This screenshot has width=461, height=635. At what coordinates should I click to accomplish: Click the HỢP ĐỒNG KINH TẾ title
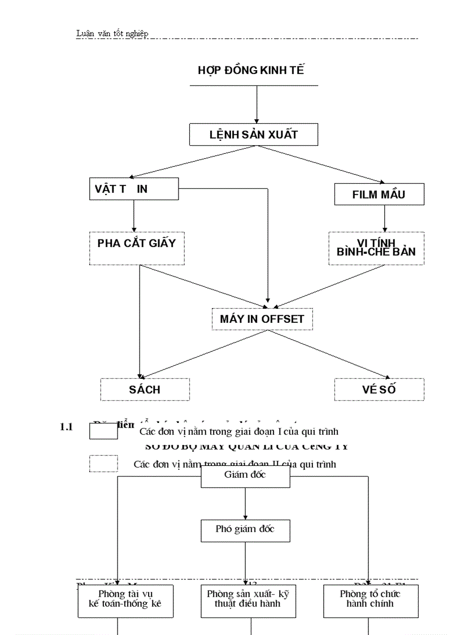(251, 70)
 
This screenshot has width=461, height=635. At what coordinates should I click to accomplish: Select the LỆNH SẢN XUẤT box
(254, 135)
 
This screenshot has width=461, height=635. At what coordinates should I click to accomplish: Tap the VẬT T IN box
(134, 189)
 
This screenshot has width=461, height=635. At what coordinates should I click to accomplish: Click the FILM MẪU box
(379, 195)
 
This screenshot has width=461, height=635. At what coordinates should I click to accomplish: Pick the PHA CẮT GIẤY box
(137, 248)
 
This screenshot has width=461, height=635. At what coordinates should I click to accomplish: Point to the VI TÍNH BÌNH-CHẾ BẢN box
(376, 248)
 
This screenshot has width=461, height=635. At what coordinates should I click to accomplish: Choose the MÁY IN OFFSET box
(262, 319)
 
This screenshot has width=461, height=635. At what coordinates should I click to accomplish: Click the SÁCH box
(145, 389)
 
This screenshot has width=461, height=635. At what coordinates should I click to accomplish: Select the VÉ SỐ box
(379, 389)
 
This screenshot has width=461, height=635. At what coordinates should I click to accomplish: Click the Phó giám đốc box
(245, 530)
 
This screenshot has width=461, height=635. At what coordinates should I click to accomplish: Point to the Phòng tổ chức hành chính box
(371, 601)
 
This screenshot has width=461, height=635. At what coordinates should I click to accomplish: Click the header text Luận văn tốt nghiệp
(112, 33)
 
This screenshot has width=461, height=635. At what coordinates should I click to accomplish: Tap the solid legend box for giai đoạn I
(103, 431)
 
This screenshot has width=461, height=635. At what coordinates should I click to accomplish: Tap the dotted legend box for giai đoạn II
(103, 464)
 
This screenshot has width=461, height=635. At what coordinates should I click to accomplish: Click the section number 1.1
(67, 427)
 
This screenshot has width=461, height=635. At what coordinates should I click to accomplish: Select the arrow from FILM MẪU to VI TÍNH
(385, 218)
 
